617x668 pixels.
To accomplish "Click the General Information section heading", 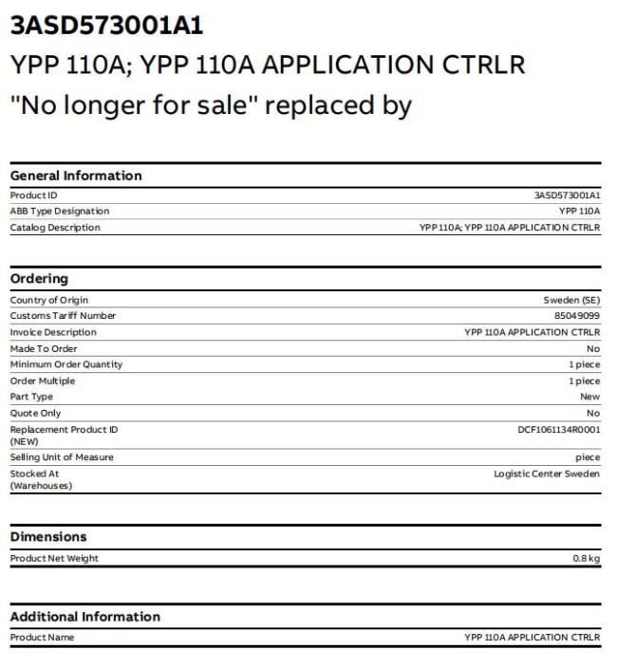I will click(76, 176).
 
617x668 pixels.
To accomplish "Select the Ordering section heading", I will click(39, 279).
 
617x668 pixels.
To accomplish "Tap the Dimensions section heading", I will click(48, 537).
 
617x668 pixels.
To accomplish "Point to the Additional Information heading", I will click(85, 617).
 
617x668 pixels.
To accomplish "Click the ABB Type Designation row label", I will click(59, 211).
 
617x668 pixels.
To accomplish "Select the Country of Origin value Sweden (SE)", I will click(571, 300).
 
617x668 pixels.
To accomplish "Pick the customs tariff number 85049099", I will click(577, 316).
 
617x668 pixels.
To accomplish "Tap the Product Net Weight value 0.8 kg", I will click(586, 558).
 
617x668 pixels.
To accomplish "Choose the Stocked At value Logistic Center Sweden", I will click(547, 473).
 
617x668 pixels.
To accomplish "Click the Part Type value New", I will click(590, 397).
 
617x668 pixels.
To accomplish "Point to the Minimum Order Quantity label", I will click(66, 364).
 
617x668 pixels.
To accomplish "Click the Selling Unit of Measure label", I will click(62, 457).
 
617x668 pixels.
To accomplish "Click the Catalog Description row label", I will click(54, 227).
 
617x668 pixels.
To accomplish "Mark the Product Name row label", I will click(42, 638).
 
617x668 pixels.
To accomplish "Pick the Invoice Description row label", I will click(53, 332).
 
